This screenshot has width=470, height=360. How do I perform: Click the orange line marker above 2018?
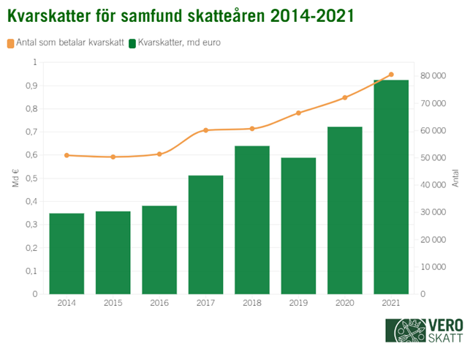[x=252, y=129]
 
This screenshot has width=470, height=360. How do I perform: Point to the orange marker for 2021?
[x=391, y=75]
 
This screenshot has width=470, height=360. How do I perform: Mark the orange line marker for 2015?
[x=113, y=157]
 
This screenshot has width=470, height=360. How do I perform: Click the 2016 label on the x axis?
[x=159, y=303]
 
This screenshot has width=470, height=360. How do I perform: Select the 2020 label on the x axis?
[x=344, y=303]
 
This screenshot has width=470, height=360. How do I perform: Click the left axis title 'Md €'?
[x=15, y=178]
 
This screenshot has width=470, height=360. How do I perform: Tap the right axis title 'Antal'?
[x=455, y=178]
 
